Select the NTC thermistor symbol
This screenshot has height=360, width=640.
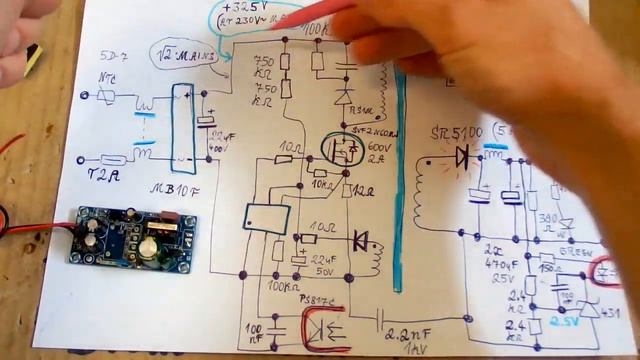tap(105, 95)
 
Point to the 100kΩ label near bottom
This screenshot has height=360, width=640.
tap(283, 288)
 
